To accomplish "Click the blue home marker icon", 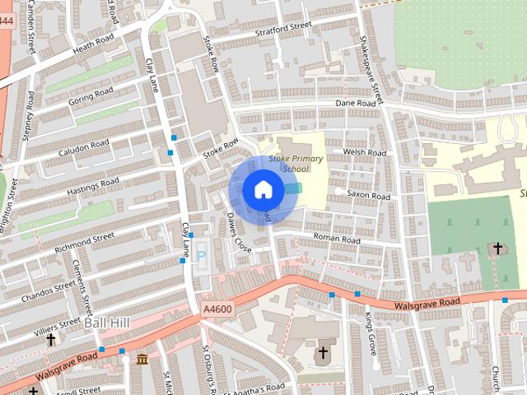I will click(x=263, y=189).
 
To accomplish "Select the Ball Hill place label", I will click(x=105, y=323).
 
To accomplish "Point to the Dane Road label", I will click(x=356, y=103).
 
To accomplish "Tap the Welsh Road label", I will click(x=365, y=152).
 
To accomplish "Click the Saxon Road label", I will click(x=368, y=196).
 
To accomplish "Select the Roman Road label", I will click(x=337, y=239).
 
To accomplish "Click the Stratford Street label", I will click(x=282, y=27).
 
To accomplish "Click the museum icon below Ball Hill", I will click(x=142, y=360).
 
